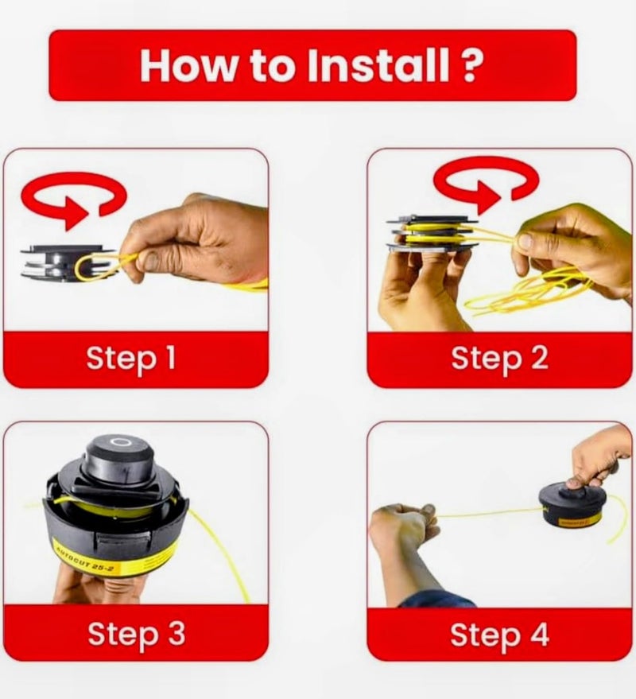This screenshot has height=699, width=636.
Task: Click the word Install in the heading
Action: [x=378, y=65]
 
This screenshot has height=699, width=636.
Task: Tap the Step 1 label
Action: [x=131, y=358]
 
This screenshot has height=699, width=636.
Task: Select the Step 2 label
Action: [x=499, y=358]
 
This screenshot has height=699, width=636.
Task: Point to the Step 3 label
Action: [x=136, y=634]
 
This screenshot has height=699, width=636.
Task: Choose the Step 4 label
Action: [x=499, y=635]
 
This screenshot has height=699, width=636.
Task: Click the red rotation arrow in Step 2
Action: [x=486, y=182]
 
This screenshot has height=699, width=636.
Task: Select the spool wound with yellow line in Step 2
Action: [x=432, y=234]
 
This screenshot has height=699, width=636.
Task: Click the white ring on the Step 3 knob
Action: [x=120, y=443]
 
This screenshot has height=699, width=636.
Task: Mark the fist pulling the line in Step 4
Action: [x=403, y=525]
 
